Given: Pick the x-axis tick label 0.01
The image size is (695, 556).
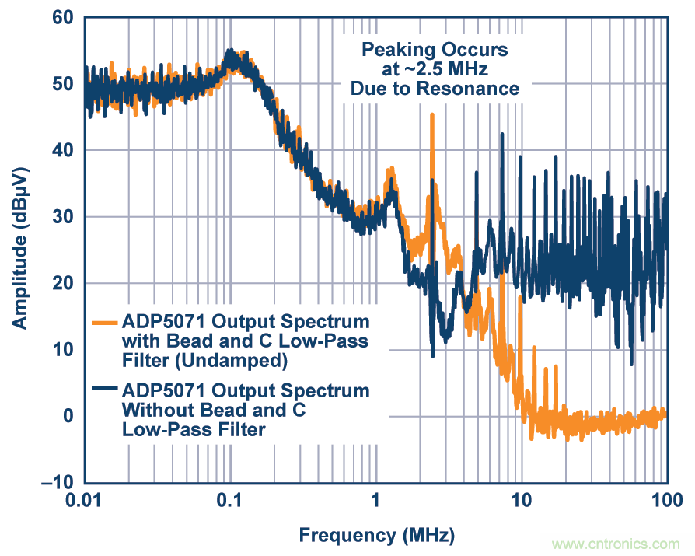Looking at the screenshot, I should (84, 501).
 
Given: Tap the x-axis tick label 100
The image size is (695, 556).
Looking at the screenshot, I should (666, 501).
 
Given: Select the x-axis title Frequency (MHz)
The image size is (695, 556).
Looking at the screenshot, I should (376, 535).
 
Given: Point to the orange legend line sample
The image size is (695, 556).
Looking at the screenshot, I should (104, 321).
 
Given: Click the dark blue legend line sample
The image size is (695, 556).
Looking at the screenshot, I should (104, 388).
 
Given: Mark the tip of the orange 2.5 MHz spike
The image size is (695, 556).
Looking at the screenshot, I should (431, 115).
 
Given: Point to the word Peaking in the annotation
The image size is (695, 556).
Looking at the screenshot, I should (393, 51).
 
